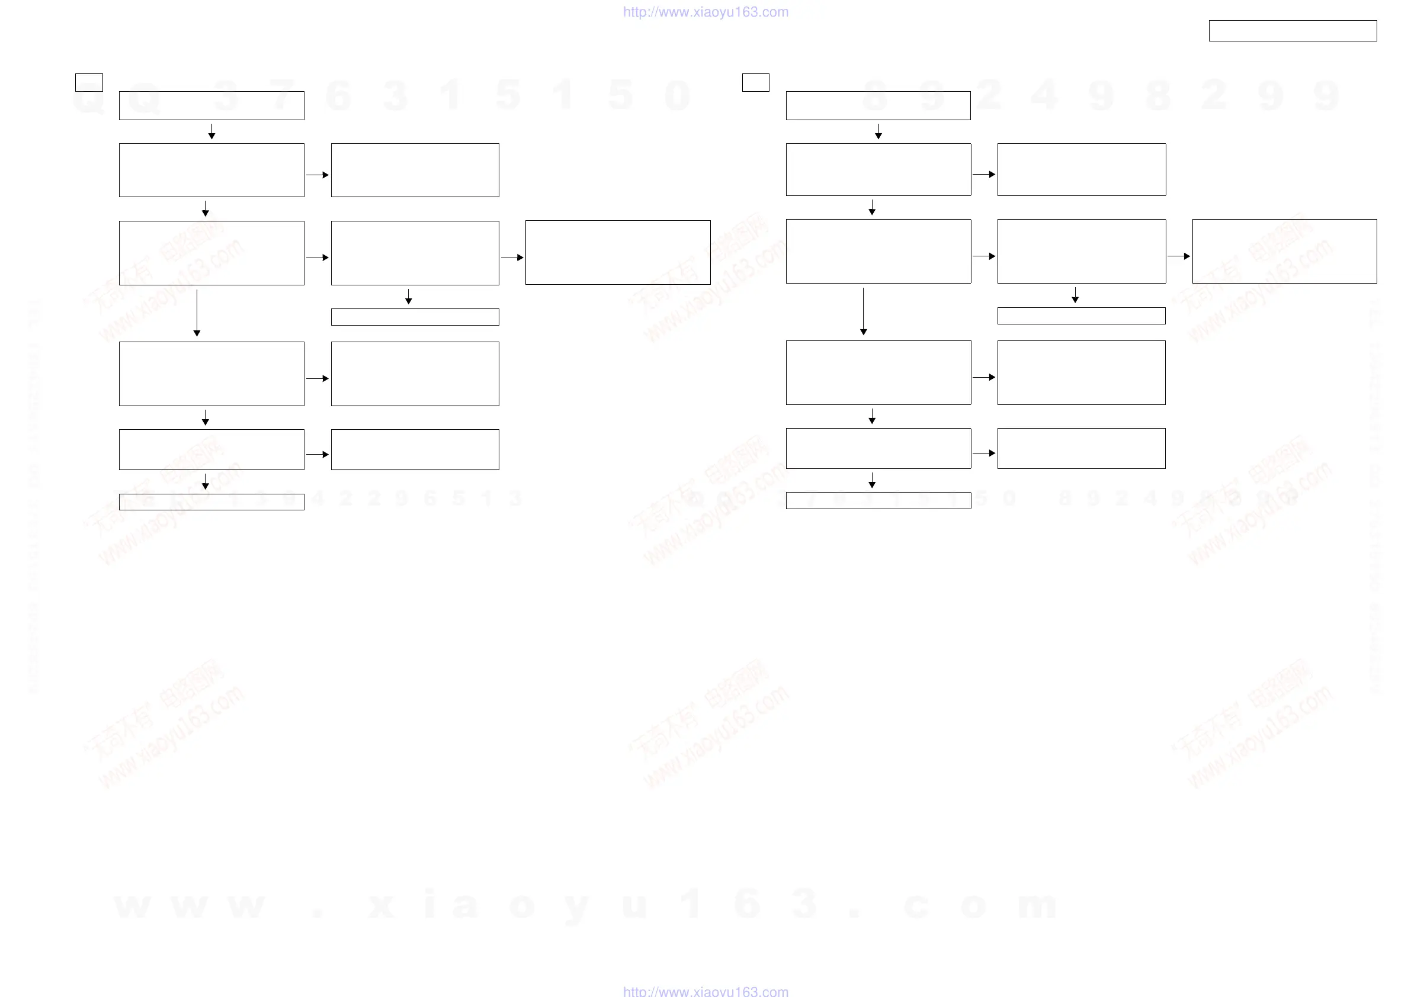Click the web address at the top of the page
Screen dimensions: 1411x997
(x=705, y=12)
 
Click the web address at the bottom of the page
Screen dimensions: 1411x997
(x=705, y=990)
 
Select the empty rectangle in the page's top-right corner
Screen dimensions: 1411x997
(x=1293, y=31)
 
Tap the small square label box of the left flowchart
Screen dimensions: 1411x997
(x=88, y=82)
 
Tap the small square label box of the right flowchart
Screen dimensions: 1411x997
(x=755, y=82)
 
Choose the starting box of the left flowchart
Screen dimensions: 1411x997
(x=211, y=105)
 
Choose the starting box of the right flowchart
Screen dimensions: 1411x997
(x=878, y=105)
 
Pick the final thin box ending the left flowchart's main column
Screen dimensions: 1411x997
(x=211, y=502)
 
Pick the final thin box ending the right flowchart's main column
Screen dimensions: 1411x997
(x=878, y=501)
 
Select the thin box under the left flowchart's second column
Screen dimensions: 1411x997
(x=415, y=317)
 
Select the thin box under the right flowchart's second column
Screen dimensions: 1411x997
(x=1081, y=316)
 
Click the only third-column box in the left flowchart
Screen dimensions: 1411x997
(x=618, y=252)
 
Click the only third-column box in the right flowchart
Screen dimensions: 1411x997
(x=1284, y=251)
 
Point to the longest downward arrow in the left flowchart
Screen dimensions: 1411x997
(x=197, y=313)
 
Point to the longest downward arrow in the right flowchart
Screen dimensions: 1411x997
(x=864, y=311)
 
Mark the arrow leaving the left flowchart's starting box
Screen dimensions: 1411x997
(x=211, y=131)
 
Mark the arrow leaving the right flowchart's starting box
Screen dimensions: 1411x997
(x=878, y=131)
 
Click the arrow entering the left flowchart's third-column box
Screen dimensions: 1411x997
(x=512, y=258)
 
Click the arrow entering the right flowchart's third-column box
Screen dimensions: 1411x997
(x=1179, y=256)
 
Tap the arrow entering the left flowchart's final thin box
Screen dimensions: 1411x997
(x=206, y=481)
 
